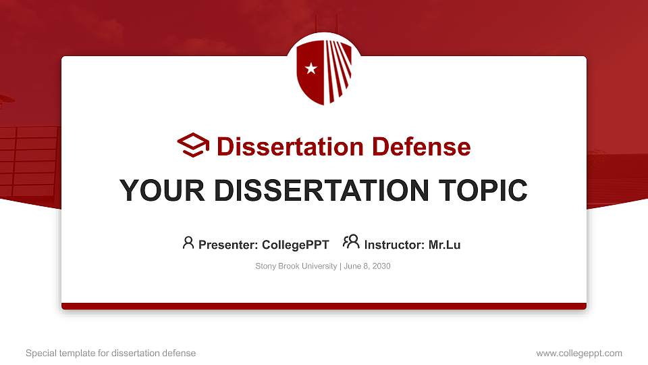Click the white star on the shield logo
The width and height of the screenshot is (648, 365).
point(311,68)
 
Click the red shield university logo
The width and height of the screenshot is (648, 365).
point(324,71)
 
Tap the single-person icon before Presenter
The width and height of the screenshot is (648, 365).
point(188,242)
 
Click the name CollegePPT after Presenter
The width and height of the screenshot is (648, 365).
point(296,245)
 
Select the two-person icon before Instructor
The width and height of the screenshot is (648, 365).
point(351,242)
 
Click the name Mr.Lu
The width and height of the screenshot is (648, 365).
point(444,245)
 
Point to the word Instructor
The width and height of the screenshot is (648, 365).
point(394,245)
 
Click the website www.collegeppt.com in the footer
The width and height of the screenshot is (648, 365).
point(579,353)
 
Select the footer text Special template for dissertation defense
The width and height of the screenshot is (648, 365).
point(110,353)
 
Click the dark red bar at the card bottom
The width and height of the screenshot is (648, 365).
point(324,306)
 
